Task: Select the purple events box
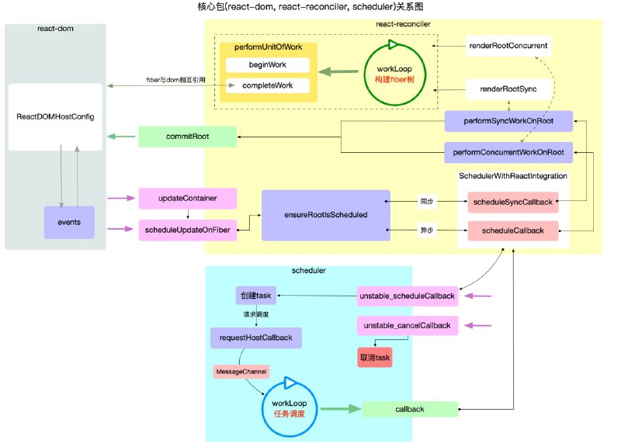point(68,222)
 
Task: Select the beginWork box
point(267,65)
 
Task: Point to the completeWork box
point(267,85)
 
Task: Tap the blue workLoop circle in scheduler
point(287,407)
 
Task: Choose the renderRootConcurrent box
point(508,46)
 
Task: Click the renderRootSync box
point(508,90)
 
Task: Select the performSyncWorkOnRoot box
point(508,121)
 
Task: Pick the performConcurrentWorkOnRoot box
point(508,151)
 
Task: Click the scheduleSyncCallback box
point(512,202)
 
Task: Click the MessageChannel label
point(241,372)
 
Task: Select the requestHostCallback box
point(255,338)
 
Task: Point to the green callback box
point(409,408)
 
